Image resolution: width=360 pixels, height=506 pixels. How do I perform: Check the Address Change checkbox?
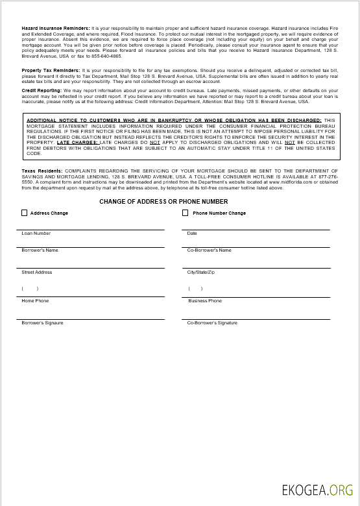[x=25, y=213]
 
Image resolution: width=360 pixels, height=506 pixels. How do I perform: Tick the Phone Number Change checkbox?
[x=186, y=213]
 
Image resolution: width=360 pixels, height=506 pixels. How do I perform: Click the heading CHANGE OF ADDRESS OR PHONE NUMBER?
[x=163, y=202]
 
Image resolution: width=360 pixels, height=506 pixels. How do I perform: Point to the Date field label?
[x=192, y=234]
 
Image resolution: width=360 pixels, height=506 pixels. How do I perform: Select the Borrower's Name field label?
[x=40, y=250]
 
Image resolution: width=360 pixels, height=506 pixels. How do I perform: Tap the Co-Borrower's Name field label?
[x=209, y=250]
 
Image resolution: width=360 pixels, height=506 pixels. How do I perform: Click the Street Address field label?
[x=36, y=272]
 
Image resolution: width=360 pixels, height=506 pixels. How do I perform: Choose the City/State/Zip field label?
[x=200, y=272]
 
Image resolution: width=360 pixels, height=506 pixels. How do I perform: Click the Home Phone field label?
[x=35, y=301]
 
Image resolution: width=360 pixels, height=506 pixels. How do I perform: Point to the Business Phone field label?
[x=205, y=301]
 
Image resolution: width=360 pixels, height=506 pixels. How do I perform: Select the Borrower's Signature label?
[x=42, y=323]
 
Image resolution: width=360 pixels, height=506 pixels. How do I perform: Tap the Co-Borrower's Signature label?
[x=212, y=323]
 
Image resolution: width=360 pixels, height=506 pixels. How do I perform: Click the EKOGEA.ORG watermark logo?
[x=318, y=490]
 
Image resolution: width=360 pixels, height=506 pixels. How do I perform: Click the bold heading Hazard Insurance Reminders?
[x=55, y=29]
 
